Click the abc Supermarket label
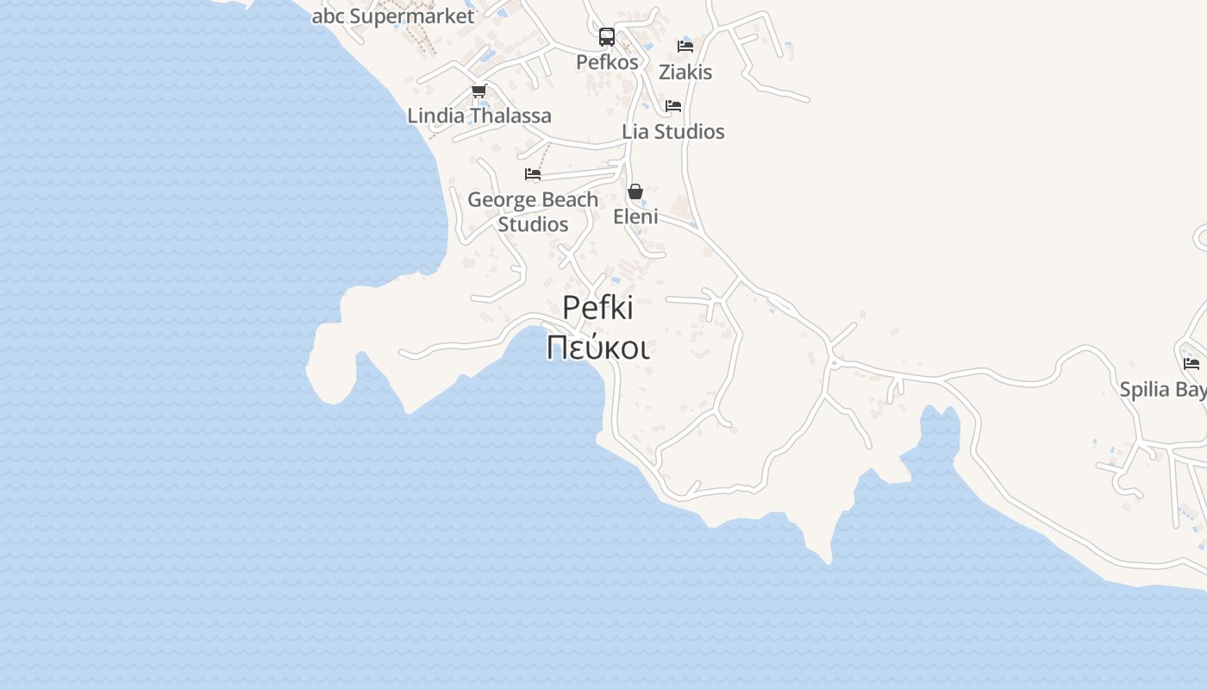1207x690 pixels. (393, 16)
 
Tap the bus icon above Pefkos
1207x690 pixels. (607, 37)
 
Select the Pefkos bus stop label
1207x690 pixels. (607, 62)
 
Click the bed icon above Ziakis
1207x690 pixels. (685, 47)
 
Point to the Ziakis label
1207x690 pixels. (685, 72)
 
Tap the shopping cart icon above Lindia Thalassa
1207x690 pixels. (478, 91)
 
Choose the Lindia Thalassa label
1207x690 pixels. (479, 116)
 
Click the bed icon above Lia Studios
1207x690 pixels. (673, 106)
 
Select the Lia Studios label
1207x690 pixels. (673, 132)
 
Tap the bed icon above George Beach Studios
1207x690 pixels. (533, 174)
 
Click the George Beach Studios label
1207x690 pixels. (533, 211)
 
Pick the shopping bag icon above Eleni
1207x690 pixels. (635, 191)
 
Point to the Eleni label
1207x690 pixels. (635, 216)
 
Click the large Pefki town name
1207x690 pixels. (597, 308)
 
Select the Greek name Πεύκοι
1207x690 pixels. (597, 347)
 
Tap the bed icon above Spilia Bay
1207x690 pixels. (1191, 364)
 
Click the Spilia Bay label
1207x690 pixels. (1163, 390)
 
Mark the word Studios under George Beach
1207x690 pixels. (533, 224)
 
